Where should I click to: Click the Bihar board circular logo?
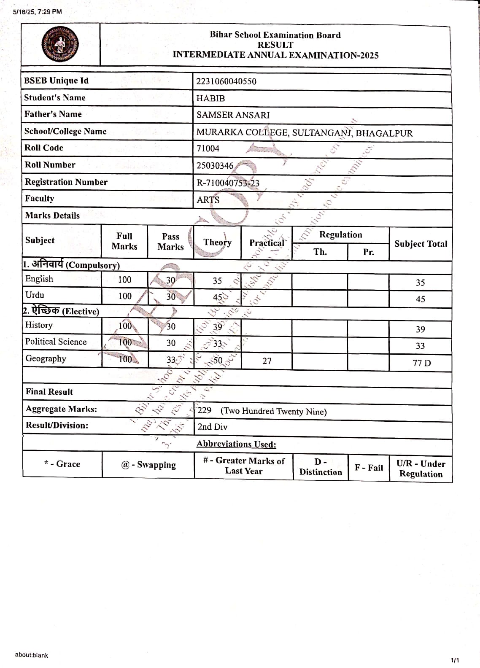(60, 44)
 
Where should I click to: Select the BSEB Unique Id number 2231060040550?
(226, 81)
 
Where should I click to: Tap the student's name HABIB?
(210, 98)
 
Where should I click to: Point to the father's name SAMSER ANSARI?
(233, 115)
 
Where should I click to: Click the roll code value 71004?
(208, 148)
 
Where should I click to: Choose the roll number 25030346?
(215, 166)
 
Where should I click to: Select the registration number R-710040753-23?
(228, 183)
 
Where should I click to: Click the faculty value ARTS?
(208, 200)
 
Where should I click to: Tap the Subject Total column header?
(421, 244)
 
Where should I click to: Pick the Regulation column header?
(340, 235)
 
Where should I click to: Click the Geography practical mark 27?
(267, 361)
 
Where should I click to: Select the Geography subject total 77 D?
(421, 363)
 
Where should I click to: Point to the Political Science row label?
(56, 342)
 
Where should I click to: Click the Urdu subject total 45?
(420, 299)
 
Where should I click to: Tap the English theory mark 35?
(217, 281)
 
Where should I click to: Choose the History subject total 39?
(420, 329)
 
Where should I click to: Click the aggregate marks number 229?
(205, 410)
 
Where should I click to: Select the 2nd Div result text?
(212, 427)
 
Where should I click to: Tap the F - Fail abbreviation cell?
(369, 468)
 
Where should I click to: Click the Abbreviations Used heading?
(236, 444)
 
